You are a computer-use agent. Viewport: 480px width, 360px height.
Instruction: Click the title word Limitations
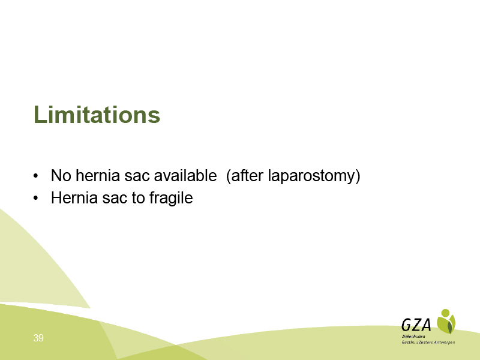97,115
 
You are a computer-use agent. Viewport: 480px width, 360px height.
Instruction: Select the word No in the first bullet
61,175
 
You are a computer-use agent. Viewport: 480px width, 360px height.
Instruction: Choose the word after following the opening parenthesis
247,175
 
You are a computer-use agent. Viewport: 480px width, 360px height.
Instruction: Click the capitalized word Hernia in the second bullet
74,197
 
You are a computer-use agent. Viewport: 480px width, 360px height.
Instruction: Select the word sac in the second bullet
115,199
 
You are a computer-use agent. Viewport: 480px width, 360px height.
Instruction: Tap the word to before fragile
138,198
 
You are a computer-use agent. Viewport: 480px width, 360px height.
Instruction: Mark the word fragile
171,199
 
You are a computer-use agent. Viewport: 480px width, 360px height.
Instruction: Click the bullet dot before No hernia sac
36,176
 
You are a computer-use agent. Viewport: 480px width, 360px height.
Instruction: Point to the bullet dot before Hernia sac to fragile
36,198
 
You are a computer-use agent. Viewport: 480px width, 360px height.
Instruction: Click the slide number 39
38,338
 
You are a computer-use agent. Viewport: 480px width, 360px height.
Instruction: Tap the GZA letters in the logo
416,325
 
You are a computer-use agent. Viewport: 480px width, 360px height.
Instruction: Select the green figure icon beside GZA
446,321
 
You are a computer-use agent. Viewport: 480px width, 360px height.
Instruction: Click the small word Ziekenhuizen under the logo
413,337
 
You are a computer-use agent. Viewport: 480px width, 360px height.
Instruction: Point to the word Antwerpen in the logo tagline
445,343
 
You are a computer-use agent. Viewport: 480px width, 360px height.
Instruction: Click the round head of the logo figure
445,313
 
